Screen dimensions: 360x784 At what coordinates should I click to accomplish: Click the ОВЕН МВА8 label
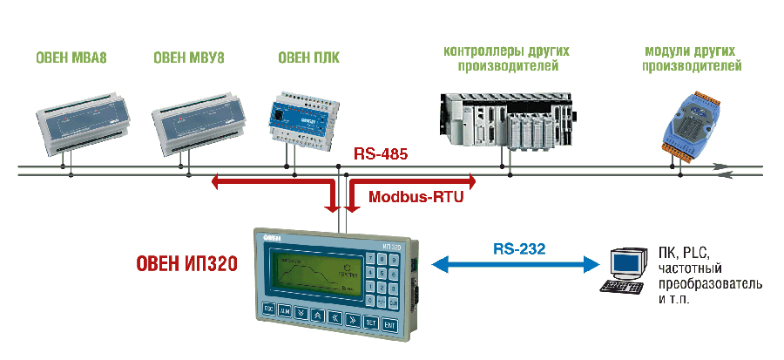click(71, 60)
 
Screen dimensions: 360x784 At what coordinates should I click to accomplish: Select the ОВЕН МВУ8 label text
click(188, 60)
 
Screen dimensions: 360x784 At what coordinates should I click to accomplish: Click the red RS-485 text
click(381, 155)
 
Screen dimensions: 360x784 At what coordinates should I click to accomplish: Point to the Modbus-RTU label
click(416, 197)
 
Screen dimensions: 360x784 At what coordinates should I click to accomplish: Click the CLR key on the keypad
click(394, 302)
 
